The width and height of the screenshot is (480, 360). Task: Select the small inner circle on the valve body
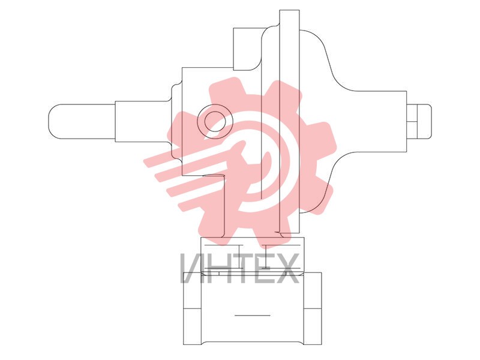215,121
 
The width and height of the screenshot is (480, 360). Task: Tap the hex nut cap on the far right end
419,122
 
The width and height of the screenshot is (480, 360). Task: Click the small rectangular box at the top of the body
247,49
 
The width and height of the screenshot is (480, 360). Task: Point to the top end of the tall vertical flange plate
289,10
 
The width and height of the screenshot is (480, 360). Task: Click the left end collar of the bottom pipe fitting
192,308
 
